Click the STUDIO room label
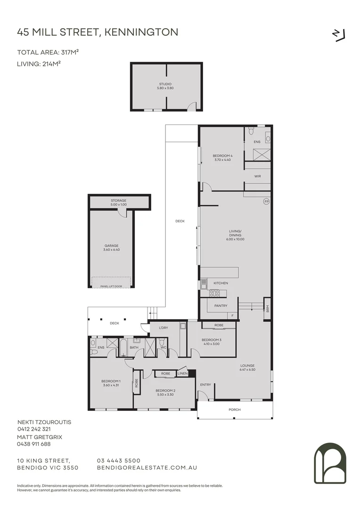pyautogui.click(x=165, y=84)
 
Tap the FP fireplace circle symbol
pyautogui.click(x=267, y=202)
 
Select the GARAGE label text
pyautogui.click(x=111, y=246)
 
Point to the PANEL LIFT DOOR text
pyautogui.click(x=111, y=287)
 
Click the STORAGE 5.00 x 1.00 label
pyautogui.click(x=118, y=203)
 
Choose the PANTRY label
pyautogui.click(x=221, y=306)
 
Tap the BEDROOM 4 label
pyautogui.click(x=222, y=156)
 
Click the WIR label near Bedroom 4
pyautogui.click(x=257, y=176)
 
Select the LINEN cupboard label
pyautogui.click(x=182, y=374)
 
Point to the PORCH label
pyautogui.click(x=234, y=410)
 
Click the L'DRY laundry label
pyautogui.click(x=164, y=328)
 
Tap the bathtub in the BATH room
pyautogui.click(x=123, y=347)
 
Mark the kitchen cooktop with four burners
pyautogui.click(x=214, y=294)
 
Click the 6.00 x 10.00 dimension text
pyautogui.click(x=235, y=239)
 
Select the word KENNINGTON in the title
pyautogui.click(x=141, y=32)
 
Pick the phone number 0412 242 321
pyautogui.click(x=34, y=429)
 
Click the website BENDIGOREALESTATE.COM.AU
pyautogui.click(x=147, y=468)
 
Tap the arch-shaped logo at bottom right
pyautogui.click(x=330, y=463)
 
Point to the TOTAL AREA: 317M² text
pyautogui.click(x=48, y=52)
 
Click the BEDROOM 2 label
pyautogui.click(x=165, y=391)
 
